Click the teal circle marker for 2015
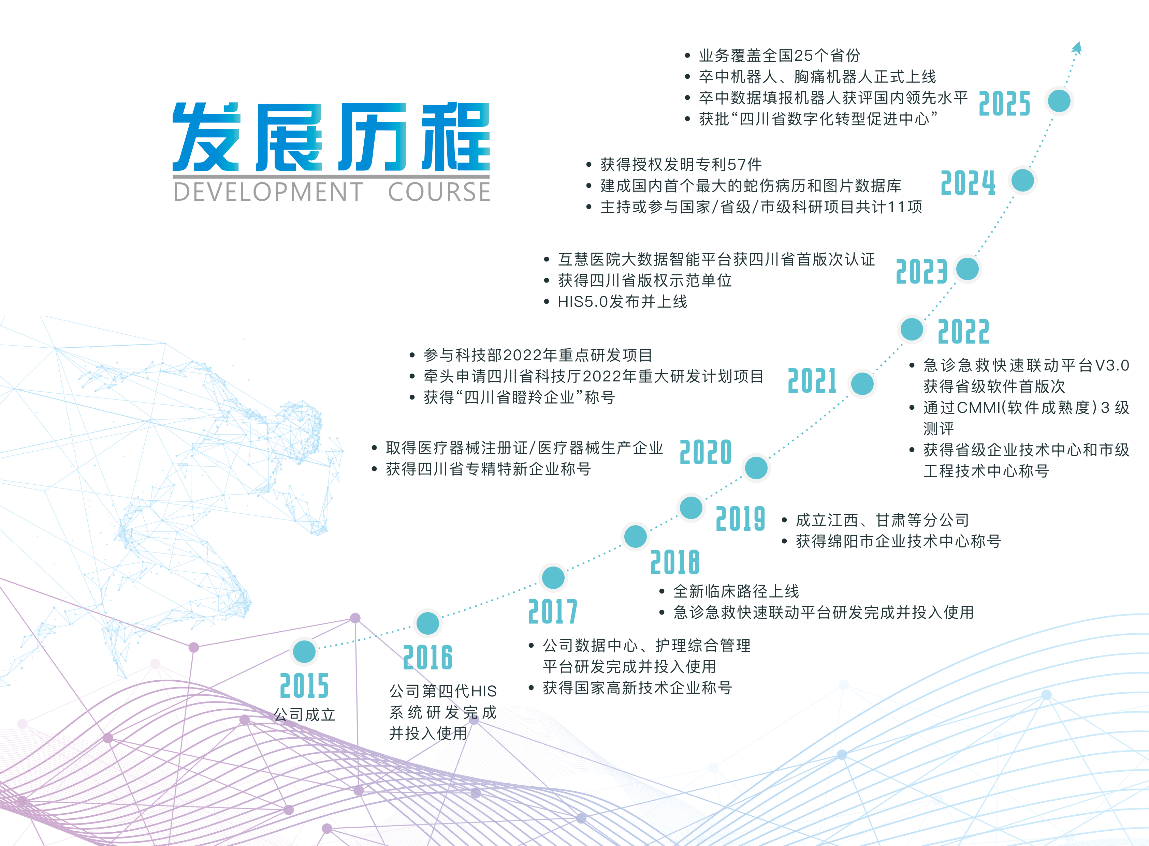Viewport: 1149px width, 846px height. tap(304, 651)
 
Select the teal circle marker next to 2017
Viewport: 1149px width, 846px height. tap(553, 578)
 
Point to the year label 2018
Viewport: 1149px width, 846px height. tap(675, 562)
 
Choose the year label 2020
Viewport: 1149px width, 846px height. tap(706, 452)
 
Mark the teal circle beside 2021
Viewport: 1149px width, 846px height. tap(862, 383)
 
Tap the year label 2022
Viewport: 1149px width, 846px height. tap(963, 332)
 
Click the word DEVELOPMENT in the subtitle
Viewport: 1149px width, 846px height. tap(268, 192)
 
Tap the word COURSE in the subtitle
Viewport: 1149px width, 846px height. tap(439, 192)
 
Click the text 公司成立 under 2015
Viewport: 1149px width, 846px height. tap(304, 714)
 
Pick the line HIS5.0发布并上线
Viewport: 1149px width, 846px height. tap(622, 302)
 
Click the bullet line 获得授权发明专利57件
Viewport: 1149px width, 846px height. tap(681, 164)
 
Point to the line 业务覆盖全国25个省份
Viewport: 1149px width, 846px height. tap(780, 55)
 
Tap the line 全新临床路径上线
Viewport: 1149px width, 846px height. tap(736, 591)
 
